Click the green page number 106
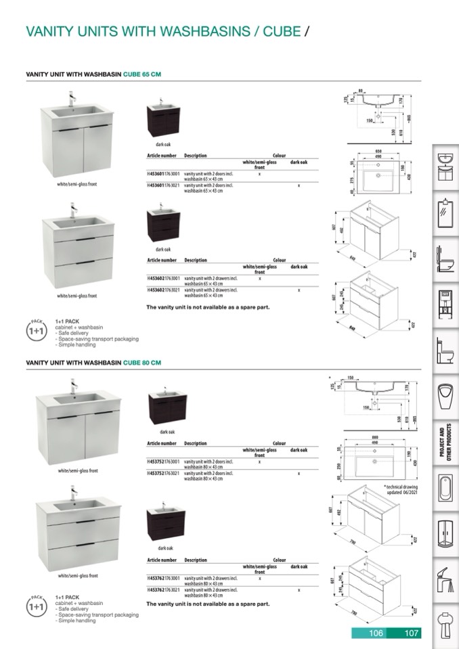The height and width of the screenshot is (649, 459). (x=376, y=633)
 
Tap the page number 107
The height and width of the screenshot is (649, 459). (x=411, y=633)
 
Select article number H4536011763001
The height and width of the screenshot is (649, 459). (x=164, y=174)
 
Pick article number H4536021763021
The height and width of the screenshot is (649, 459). (x=164, y=290)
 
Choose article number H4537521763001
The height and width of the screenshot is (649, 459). (x=164, y=462)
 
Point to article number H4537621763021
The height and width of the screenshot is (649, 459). (x=164, y=590)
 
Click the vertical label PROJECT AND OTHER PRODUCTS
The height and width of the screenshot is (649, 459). (x=445, y=443)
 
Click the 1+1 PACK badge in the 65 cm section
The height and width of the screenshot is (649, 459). (x=36, y=331)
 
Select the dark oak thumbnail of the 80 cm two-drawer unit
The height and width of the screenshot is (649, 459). (x=163, y=524)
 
